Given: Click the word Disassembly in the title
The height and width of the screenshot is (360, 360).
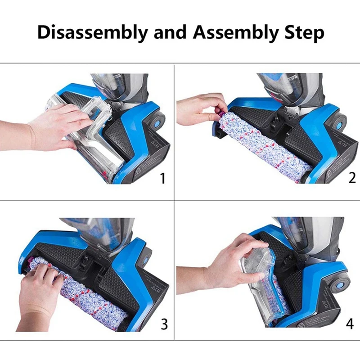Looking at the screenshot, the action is (x=92, y=32).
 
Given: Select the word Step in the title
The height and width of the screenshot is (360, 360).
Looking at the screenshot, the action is (x=304, y=33).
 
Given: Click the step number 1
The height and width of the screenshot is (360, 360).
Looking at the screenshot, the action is (x=162, y=178).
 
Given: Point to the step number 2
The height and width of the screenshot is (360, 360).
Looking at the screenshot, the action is (x=352, y=178).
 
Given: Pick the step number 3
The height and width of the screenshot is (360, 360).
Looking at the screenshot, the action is (x=164, y=324).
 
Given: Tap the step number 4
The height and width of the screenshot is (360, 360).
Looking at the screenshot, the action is (x=350, y=324).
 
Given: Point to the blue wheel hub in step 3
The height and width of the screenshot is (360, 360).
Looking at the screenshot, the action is (x=145, y=260).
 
